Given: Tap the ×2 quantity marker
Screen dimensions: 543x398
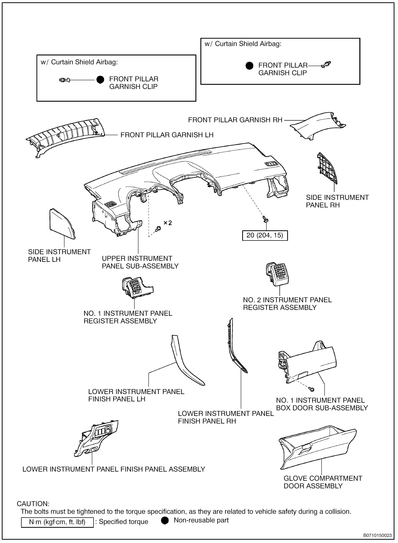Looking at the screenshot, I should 167,223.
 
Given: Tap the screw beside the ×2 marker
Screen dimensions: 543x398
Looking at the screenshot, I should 158,228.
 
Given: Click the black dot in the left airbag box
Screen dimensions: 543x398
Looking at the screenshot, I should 100,80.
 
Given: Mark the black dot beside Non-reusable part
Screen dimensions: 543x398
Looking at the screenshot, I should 165,521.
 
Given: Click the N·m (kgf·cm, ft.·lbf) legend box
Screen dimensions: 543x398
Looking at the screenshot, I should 57,522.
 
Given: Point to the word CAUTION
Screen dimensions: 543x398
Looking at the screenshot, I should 33,504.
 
